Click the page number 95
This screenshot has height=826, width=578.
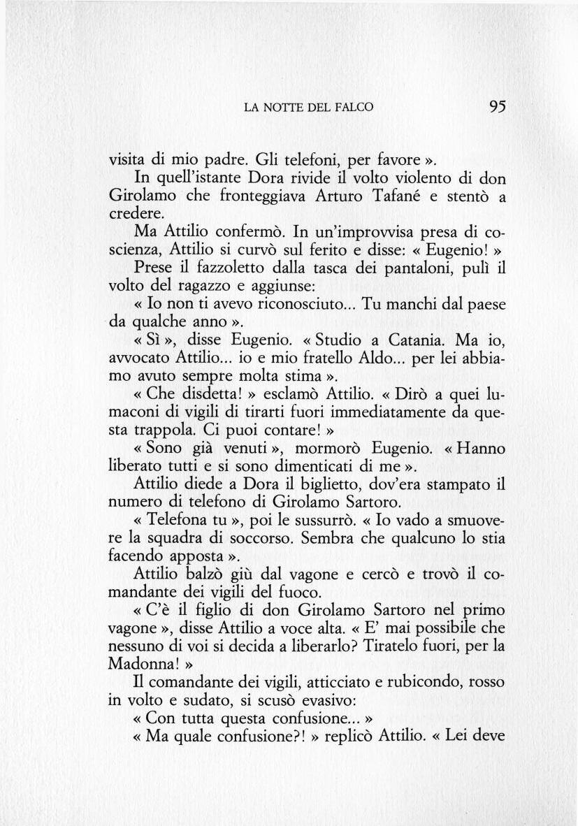(x=497, y=106)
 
